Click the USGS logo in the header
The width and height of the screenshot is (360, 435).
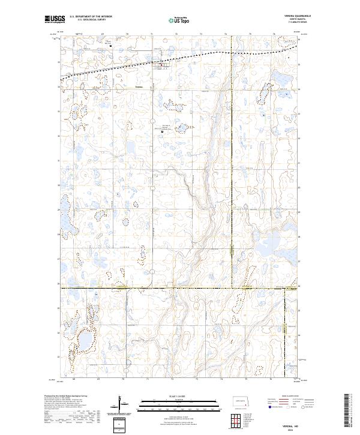[x=54, y=20]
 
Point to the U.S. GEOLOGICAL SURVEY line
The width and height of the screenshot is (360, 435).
[x=83, y=20]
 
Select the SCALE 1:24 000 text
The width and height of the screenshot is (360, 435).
[x=180, y=396]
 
